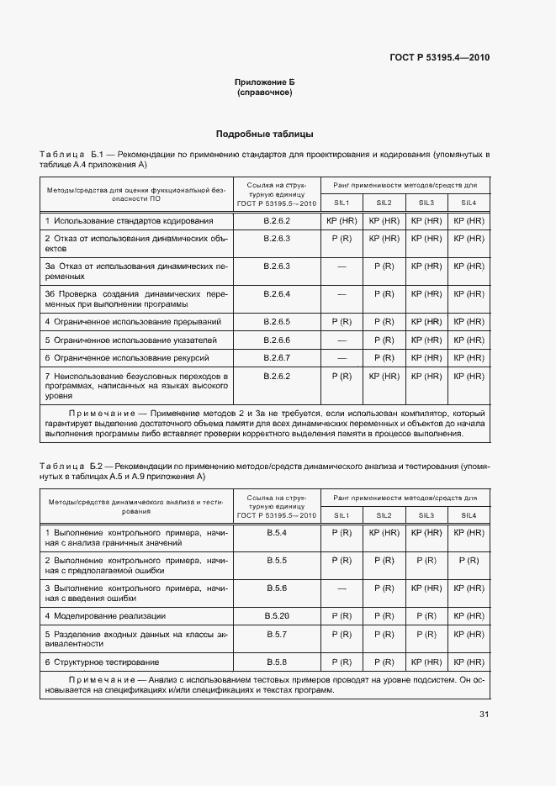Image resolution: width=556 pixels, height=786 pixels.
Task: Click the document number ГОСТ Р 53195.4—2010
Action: click(x=438, y=57)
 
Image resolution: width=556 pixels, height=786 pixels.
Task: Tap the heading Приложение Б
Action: click(x=265, y=82)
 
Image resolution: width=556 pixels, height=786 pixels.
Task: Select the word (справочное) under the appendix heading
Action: click(x=265, y=92)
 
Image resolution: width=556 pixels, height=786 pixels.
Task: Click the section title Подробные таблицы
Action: click(x=265, y=134)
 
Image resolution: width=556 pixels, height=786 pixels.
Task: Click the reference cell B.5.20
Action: click(x=278, y=615)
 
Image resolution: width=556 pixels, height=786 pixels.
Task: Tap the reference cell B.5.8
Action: click(x=278, y=662)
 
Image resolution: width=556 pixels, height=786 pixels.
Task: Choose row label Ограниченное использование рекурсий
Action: click(x=133, y=358)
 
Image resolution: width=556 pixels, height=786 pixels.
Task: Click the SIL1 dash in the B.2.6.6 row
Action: click(x=342, y=340)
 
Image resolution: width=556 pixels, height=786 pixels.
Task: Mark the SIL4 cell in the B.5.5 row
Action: click(x=469, y=560)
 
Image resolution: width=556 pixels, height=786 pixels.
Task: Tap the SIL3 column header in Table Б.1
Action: click(x=426, y=203)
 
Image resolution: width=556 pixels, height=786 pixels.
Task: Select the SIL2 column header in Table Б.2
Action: click(x=384, y=514)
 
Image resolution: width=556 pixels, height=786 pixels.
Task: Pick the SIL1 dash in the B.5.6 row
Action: click(x=342, y=588)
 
